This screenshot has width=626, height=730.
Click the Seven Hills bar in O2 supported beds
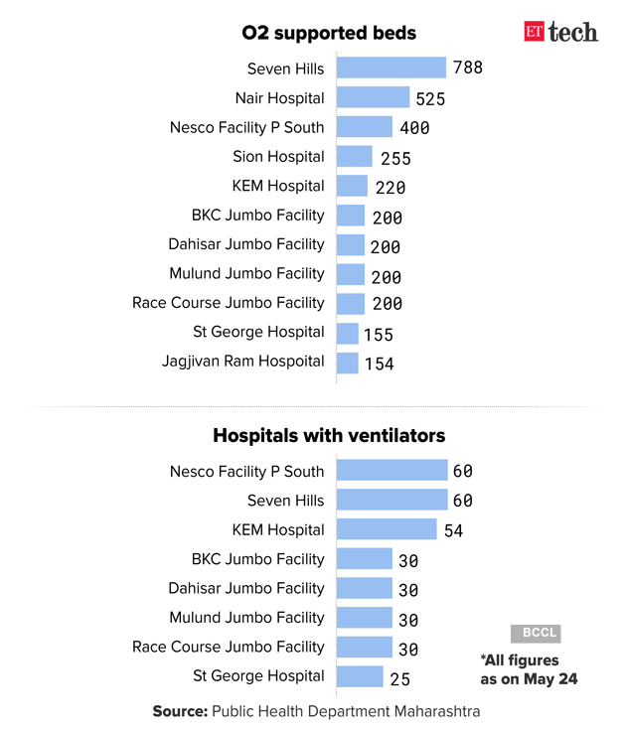coord(391,68)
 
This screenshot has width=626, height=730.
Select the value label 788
coord(467,69)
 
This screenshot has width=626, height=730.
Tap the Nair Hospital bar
coord(373,97)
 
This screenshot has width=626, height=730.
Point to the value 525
coord(430,98)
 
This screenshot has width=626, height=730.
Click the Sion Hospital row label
coord(278,156)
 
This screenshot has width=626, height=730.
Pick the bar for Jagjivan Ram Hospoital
coord(348,363)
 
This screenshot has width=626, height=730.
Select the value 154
coord(379,364)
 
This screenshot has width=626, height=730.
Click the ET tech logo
coord(560,32)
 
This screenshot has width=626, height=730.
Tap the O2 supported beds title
coord(329,33)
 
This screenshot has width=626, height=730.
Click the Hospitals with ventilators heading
coord(329,435)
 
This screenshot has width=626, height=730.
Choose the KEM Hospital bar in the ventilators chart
coord(387,529)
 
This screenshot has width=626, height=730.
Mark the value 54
coord(453,530)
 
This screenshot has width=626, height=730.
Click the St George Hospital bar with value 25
coord(360,676)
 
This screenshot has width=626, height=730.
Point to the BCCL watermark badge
coord(536,633)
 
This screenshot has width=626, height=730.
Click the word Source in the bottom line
coord(179,711)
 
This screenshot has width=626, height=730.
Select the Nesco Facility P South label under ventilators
coord(246,471)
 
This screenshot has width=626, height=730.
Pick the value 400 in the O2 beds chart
coord(414,128)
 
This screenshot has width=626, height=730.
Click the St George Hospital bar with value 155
coord(348,333)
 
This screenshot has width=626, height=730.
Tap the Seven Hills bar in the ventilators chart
coord(391,500)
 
